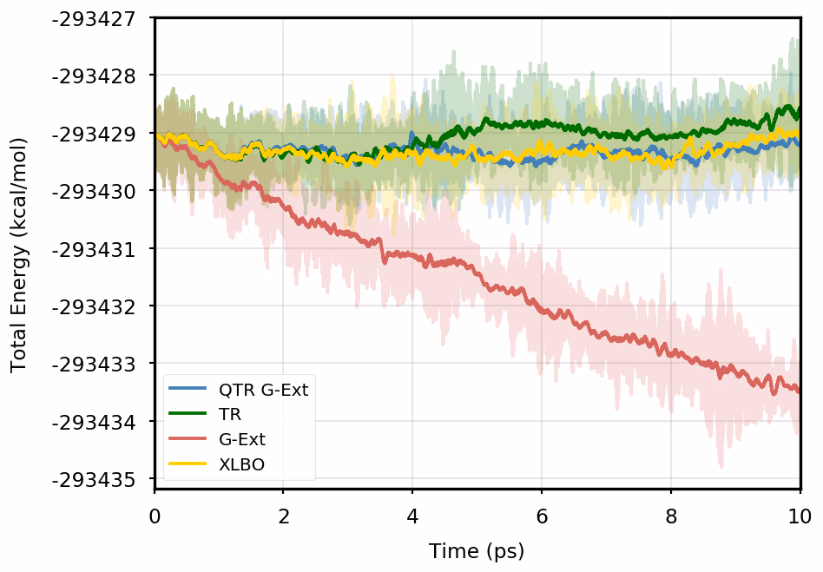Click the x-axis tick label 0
(x=155, y=516)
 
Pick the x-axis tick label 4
(x=412, y=516)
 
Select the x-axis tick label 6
(x=542, y=516)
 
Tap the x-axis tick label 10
(x=800, y=516)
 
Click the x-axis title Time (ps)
(x=477, y=550)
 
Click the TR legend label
(x=230, y=415)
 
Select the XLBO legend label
(x=242, y=464)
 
